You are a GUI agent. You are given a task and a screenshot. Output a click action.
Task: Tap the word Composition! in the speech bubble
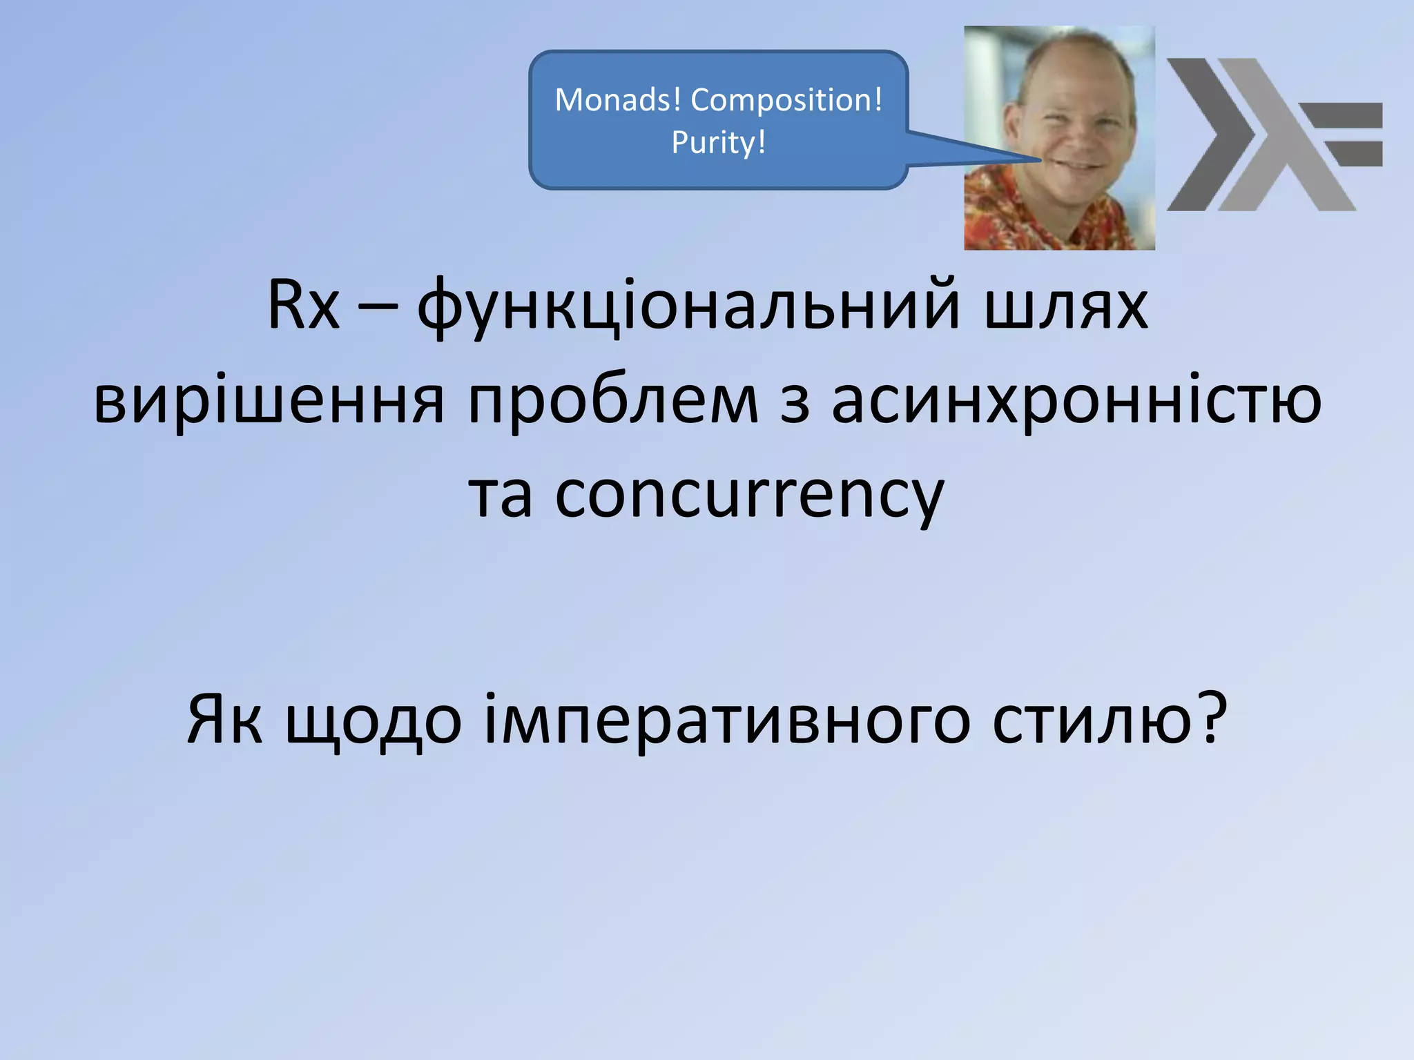[786, 100]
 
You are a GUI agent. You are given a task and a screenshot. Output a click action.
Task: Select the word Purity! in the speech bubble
[719, 143]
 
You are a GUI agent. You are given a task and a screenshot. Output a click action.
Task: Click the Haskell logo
[1274, 135]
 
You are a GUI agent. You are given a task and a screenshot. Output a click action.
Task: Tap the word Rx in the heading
[304, 305]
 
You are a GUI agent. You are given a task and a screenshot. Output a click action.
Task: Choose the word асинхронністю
[1076, 400]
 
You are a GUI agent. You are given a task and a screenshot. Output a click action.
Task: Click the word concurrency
[749, 495]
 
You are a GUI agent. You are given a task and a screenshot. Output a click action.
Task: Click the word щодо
[374, 722]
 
